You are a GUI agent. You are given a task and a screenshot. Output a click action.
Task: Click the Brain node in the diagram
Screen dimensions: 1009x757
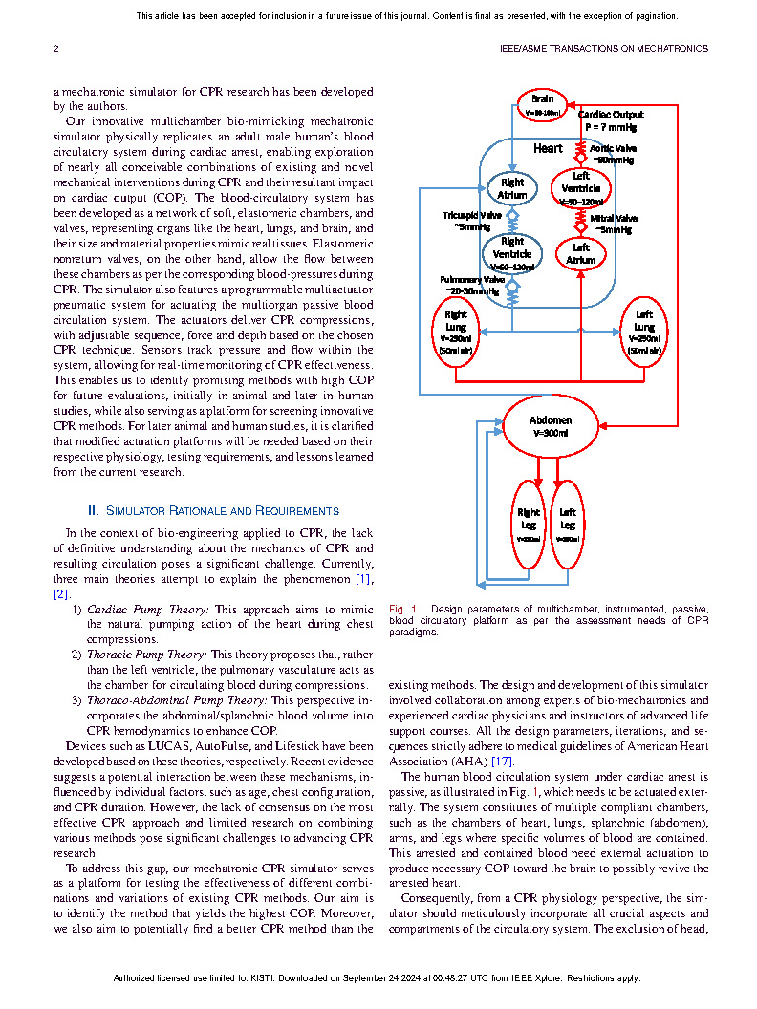pos(542,104)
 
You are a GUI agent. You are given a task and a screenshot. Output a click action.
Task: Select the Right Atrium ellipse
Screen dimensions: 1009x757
pos(511,188)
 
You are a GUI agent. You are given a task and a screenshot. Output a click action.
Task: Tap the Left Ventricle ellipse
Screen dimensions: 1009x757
pos(581,187)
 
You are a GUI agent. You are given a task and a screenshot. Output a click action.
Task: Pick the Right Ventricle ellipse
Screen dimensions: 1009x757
pos(512,254)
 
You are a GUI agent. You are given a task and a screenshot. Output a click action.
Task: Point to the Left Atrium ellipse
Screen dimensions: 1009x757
pos(581,253)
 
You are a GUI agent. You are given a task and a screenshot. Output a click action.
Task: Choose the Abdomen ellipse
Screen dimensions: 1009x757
pos(551,426)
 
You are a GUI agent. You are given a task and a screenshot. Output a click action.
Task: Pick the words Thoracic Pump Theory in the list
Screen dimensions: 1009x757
pos(146,655)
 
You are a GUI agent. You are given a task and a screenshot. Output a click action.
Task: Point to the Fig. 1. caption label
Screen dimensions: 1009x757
pos(404,609)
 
